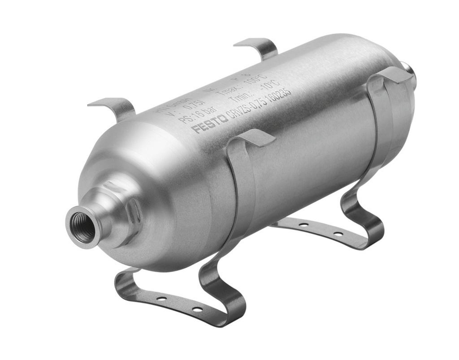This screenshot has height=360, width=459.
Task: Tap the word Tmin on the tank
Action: tap(242, 99)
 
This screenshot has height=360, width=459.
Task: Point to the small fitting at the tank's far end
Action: tap(409, 72)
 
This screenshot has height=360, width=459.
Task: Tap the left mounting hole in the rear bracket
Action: tap(303, 224)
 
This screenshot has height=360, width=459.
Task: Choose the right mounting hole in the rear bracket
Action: tap(338, 234)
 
